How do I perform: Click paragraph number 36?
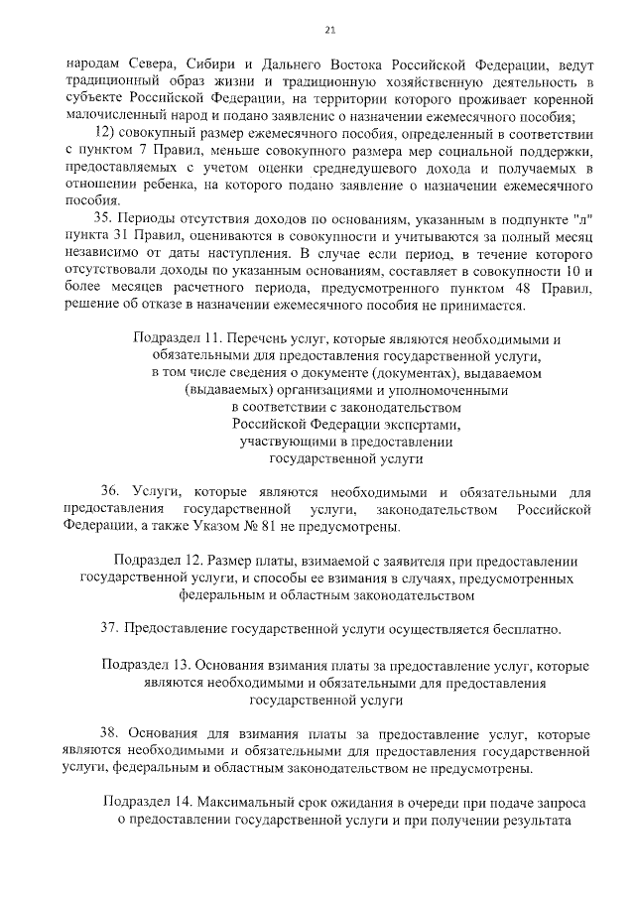pyautogui.click(x=110, y=492)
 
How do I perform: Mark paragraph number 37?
pyautogui.click(x=110, y=629)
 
